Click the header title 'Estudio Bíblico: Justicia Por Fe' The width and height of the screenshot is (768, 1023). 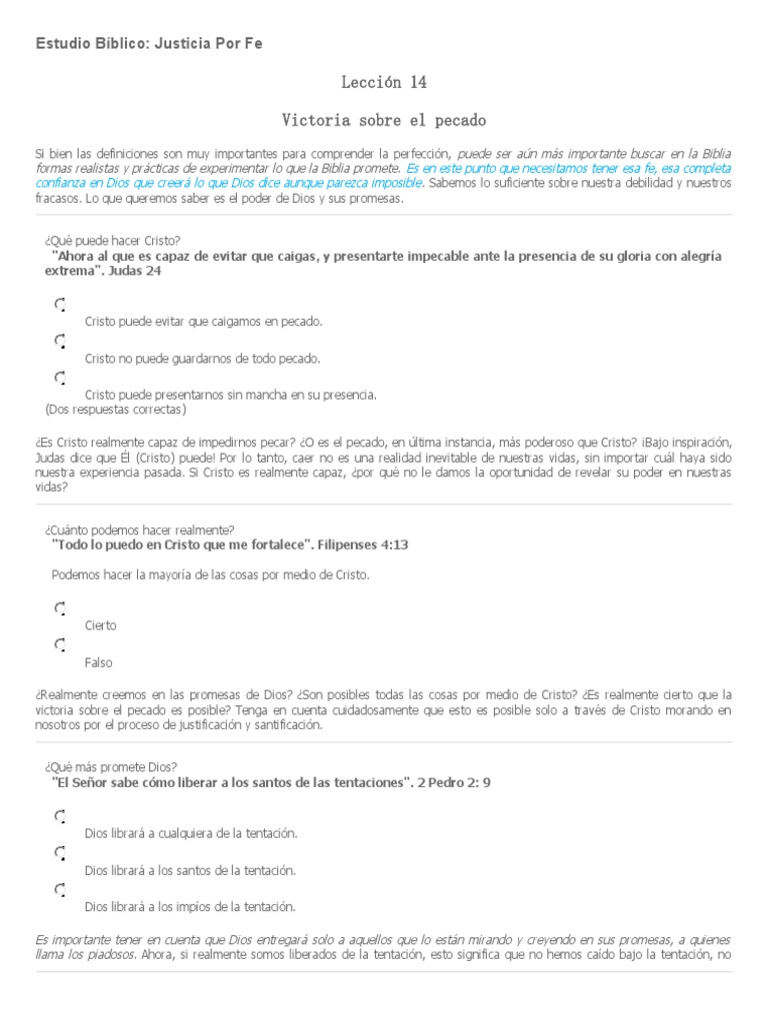(x=149, y=45)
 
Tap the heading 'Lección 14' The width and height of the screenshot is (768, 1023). (x=383, y=82)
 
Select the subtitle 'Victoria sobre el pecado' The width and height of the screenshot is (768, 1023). (x=383, y=121)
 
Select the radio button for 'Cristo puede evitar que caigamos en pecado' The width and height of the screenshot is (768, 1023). (x=60, y=305)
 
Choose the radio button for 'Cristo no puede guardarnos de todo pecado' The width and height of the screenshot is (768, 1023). (x=60, y=341)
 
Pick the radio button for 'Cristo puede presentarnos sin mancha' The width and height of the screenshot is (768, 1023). (x=60, y=378)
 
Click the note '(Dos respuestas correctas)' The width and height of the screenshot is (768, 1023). (x=116, y=409)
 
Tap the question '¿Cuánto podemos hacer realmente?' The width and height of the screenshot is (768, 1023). (x=139, y=529)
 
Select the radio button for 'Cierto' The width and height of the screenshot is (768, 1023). (x=60, y=608)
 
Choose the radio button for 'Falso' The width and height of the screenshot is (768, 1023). (x=60, y=645)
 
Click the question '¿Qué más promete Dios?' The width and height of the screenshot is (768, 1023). (x=111, y=766)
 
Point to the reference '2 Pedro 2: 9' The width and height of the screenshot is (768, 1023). (x=455, y=782)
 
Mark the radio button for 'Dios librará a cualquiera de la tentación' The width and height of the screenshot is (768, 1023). (x=60, y=816)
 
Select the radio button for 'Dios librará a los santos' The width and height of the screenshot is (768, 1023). (x=60, y=853)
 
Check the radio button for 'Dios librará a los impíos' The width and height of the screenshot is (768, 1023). (x=60, y=889)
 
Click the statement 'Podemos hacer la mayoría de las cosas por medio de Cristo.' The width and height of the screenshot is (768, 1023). (x=210, y=574)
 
